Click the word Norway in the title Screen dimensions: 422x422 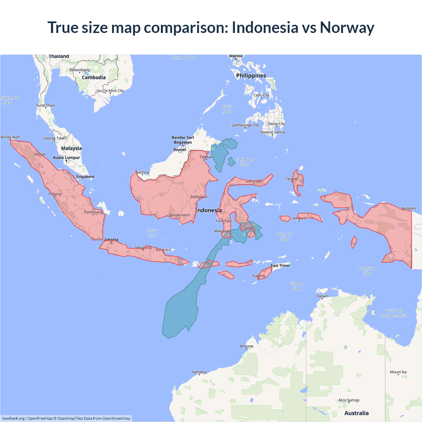point(347,28)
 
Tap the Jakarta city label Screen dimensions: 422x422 point(111,240)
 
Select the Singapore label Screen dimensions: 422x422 point(85,177)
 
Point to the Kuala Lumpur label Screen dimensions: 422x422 point(67,158)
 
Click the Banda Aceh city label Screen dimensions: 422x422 point(11,137)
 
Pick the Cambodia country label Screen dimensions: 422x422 point(94,77)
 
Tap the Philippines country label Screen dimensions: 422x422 point(251,75)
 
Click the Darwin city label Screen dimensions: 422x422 point(322,296)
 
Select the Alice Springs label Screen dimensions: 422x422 point(349,400)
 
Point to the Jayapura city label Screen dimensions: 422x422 point(408,208)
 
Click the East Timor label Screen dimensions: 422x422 point(280,265)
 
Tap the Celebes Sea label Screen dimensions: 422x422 point(245,162)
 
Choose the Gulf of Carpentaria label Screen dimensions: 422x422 point(394,313)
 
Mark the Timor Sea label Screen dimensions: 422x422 point(297,286)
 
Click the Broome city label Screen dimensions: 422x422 point(247,346)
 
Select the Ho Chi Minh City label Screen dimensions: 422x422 point(110,91)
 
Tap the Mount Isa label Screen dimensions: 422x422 point(398,372)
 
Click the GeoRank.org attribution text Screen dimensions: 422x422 point(13,418)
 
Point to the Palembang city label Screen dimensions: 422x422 point(93,212)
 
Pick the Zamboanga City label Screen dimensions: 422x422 point(245,125)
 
